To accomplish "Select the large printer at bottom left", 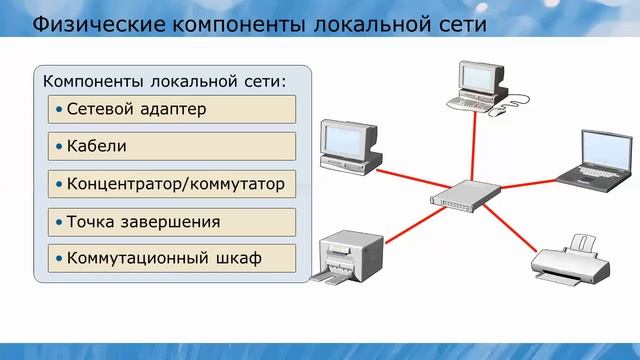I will point(350,258).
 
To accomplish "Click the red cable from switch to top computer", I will point(471,148).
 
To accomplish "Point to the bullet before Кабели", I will point(60,146).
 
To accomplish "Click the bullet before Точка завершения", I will point(60,221).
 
